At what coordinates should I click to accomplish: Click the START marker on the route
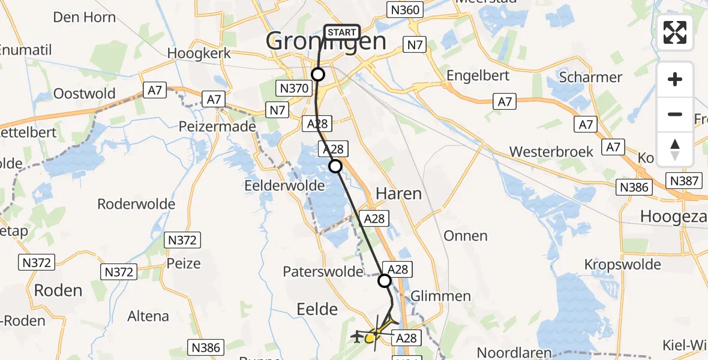pyautogui.click(x=342, y=32)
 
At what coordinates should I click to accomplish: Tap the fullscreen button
pyautogui.click(x=675, y=32)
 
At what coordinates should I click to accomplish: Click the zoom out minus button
pyautogui.click(x=675, y=115)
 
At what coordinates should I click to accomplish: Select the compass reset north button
pyautogui.click(x=675, y=149)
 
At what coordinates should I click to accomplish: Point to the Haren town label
pyautogui.click(x=398, y=193)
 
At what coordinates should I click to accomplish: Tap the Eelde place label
pyautogui.click(x=317, y=309)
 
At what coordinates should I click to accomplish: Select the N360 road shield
pyautogui.click(x=405, y=10)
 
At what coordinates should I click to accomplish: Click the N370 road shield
pyautogui.click(x=294, y=89)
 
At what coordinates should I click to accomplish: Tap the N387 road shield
pyautogui.click(x=682, y=181)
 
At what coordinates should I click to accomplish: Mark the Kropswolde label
pyautogui.click(x=623, y=265)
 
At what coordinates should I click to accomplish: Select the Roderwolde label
pyautogui.click(x=136, y=204)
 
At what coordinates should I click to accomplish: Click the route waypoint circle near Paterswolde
pyautogui.click(x=385, y=280)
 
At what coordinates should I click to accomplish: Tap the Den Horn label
pyautogui.click(x=85, y=17)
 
